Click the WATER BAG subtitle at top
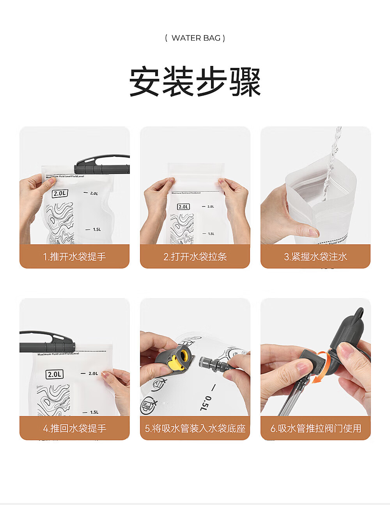click(x=195, y=38)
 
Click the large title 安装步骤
click(x=195, y=82)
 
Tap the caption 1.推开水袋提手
click(x=74, y=257)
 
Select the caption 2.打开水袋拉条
click(x=195, y=257)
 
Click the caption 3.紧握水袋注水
click(x=316, y=257)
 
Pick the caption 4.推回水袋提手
click(x=74, y=429)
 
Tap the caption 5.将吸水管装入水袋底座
click(x=195, y=429)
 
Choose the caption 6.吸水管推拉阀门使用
click(x=316, y=429)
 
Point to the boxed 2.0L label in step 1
click(x=60, y=194)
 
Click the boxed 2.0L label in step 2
click(x=183, y=207)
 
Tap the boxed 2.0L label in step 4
click(x=55, y=375)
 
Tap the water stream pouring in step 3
click(x=331, y=164)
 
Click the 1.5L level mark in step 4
click(x=93, y=413)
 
